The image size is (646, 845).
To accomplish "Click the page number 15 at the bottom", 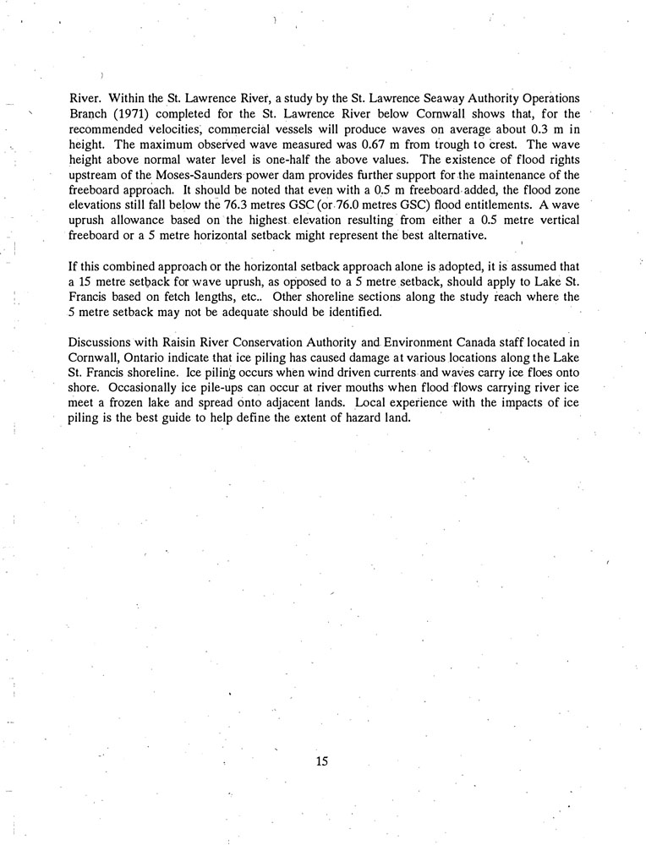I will point(321,760).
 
